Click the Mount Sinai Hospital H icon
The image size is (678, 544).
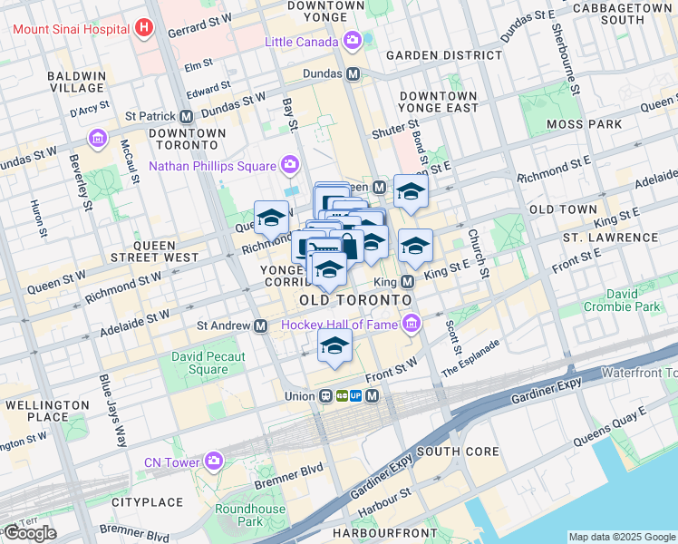coord(142,28)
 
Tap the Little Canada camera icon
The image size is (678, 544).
coord(353,41)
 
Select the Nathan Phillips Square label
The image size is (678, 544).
coord(211,166)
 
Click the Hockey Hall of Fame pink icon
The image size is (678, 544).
coord(412,324)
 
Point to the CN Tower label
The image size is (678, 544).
coord(171,462)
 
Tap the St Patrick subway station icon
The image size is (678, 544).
coord(186,116)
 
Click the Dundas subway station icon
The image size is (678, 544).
coord(353,73)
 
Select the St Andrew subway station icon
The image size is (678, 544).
coord(261,325)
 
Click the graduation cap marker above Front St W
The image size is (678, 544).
coord(334,345)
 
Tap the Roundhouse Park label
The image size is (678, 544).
coord(249,515)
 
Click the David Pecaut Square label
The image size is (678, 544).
coord(208,363)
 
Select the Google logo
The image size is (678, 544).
coord(30,533)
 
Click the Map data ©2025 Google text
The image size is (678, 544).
coord(621,537)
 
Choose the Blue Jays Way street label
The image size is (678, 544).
coord(112,411)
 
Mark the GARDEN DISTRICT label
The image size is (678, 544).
coord(443,55)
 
